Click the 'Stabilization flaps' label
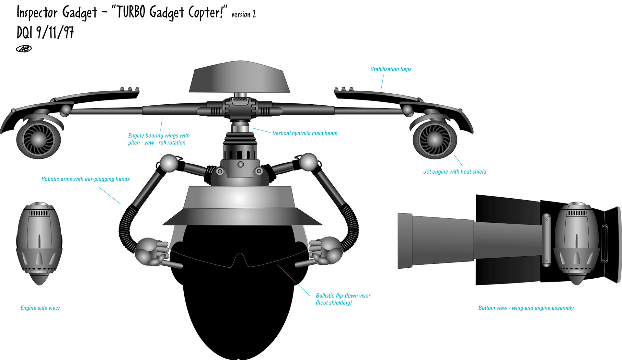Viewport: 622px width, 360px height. point(391,69)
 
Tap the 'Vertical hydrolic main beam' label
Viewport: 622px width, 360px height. point(305,133)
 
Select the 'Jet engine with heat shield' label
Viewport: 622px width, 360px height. point(455,172)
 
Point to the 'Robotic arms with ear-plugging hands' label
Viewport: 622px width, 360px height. point(86,179)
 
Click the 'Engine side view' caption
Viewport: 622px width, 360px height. point(40,308)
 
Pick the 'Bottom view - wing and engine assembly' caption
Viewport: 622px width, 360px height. point(526,308)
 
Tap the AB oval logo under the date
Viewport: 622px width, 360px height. point(24,49)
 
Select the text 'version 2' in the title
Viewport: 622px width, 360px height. point(244,15)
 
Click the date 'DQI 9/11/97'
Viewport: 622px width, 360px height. point(45,32)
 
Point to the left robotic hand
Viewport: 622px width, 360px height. point(152,251)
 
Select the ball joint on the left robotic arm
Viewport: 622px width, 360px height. point(169,163)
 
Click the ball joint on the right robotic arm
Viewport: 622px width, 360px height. point(308,162)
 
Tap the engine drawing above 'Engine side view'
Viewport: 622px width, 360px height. point(39,243)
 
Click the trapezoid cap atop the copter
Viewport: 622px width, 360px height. point(239,77)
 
